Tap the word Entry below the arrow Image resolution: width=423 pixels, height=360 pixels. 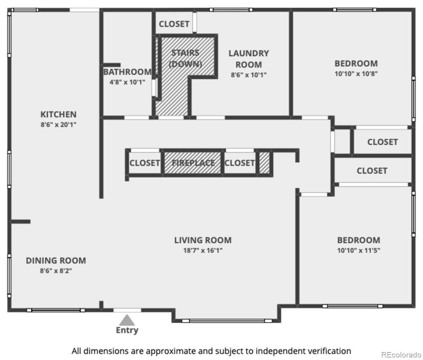pos(127,330)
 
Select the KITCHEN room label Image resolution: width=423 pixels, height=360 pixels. pos(59,114)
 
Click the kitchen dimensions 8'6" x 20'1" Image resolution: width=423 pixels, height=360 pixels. pos(59,125)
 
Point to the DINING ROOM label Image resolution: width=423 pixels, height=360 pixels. pos(56,261)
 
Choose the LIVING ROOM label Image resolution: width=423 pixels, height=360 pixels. pos(203,240)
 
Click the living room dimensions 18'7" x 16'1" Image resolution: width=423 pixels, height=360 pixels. pos(203,251)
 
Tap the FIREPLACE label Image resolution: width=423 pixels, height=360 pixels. pos(193,163)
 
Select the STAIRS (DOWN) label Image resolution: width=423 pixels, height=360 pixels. pos(185,58)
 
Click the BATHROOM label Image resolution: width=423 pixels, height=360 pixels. pos(127,72)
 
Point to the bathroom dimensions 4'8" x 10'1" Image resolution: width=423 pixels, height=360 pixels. pos(127,82)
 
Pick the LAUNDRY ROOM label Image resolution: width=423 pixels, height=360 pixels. pos(249,59)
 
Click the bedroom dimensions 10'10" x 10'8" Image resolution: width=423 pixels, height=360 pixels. pos(356,74)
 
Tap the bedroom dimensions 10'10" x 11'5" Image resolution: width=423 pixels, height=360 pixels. pos(359,251)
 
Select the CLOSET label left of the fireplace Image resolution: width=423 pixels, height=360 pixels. pos(145,163)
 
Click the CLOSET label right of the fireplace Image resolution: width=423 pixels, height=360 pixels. pos(239,163)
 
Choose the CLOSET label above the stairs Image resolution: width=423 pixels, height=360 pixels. pos(174,24)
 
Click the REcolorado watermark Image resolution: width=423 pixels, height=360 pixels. pos(401,354)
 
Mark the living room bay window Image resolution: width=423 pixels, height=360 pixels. pos(227,321)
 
